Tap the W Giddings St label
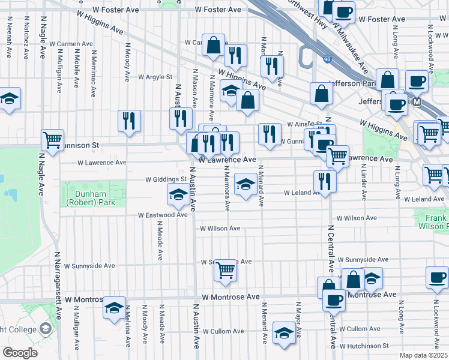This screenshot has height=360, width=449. point(166,179)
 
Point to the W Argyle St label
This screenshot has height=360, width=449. point(155,77)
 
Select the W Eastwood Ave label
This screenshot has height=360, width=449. point(163,215)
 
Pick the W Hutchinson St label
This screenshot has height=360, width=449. point(364,346)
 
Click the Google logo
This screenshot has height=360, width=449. point(20,352)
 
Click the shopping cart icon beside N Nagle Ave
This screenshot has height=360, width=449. point(53,140)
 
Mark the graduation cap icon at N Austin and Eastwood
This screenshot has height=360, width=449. point(177,194)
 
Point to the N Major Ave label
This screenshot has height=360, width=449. point(298,311)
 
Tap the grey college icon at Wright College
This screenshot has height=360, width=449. point(46,328)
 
